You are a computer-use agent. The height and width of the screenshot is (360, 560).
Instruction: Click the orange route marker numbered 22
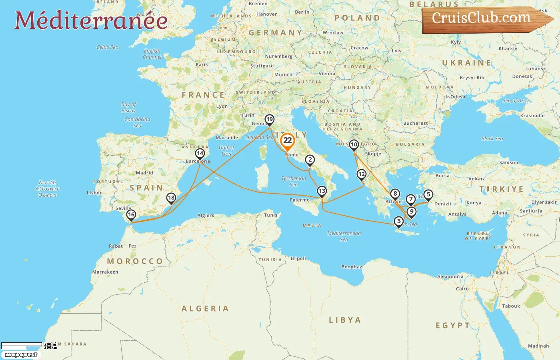click(288, 141)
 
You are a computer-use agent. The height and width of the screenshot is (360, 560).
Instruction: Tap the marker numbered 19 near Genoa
click(270, 120)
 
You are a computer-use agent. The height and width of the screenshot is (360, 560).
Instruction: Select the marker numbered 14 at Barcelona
click(200, 154)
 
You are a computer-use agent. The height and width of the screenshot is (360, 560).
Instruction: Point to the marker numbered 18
click(171, 198)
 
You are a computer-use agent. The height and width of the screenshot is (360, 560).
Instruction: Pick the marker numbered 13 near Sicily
click(322, 191)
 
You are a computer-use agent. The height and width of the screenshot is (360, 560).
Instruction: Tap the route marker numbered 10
click(354, 145)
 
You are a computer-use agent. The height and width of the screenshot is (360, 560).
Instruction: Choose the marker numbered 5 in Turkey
click(428, 195)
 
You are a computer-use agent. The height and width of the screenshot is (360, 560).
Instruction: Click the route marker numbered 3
click(399, 221)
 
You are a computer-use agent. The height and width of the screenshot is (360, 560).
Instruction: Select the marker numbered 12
click(362, 174)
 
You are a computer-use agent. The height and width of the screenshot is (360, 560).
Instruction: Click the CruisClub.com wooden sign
click(484, 19)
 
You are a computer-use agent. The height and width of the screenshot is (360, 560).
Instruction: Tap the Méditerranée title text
click(91, 20)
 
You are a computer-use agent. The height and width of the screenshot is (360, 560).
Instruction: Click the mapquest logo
click(21, 355)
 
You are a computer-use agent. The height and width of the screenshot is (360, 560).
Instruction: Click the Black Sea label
click(492, 139)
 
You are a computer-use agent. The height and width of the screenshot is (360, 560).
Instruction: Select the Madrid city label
click(144, 173)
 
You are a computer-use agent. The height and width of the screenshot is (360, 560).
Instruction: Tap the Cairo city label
click(462, 289)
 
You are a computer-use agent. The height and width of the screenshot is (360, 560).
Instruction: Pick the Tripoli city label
click(298, 258)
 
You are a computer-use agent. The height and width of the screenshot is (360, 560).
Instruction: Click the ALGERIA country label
click(205, 308)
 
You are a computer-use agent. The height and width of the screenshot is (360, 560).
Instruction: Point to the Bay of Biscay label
click(128, 107)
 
